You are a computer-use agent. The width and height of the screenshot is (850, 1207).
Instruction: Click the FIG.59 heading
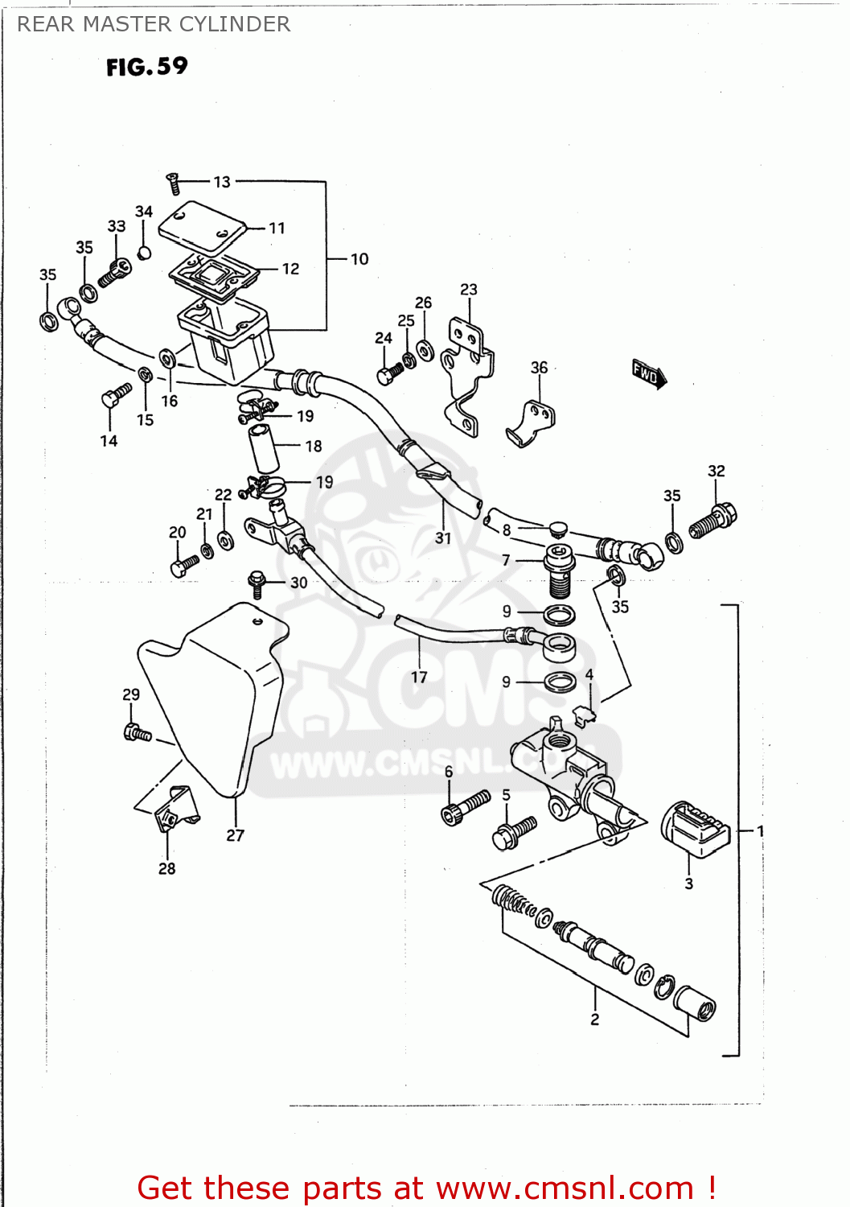(146, 66)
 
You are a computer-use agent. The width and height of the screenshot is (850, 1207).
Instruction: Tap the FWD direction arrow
(649, 374)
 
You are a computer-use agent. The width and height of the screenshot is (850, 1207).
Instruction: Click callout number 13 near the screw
(222, 182)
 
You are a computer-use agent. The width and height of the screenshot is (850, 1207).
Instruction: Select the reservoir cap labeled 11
(201, 225)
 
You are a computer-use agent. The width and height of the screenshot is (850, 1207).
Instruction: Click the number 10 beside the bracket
(359, 259)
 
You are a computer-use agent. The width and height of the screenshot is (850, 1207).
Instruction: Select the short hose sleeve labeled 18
(263, 449)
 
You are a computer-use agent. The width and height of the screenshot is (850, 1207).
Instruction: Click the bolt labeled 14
(115, 395)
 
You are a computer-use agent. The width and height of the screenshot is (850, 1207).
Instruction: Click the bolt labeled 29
(137, 732)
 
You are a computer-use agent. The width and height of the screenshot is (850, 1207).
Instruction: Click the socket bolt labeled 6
(465, 807)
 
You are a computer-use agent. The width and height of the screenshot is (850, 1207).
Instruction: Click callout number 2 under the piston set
(594, 1020)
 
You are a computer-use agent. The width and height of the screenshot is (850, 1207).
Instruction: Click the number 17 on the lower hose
(419, 678)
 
